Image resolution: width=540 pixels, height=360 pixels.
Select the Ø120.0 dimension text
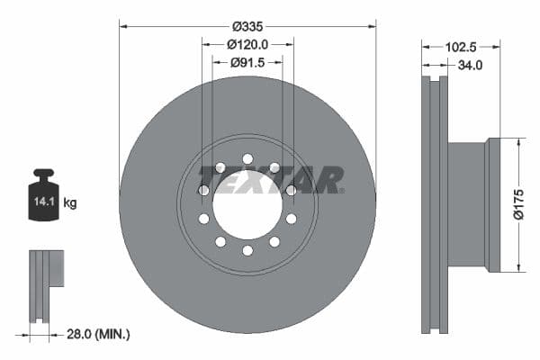pyautogui.click(x=247, y=43)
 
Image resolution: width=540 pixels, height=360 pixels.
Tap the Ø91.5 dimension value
pyautogui.click(x=247, y=62)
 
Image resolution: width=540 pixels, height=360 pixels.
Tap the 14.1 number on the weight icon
pyautogui.click(x=42, y=202)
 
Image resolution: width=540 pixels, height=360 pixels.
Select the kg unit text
pyautogui.click(x=70, y=202)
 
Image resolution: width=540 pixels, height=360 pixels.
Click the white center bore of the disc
pyautogui.click(x=247, y=206)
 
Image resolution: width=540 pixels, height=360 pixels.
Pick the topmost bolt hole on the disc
pyautogui.click(x=247, y=160)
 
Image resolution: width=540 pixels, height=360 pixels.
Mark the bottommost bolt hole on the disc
pyautogui.click(x=247, y=250)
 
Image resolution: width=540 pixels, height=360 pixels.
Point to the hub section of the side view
pyautogui.click(x=468, y=204)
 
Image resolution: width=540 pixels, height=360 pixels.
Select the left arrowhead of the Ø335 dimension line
pyautogui.click(x=123, y=26)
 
